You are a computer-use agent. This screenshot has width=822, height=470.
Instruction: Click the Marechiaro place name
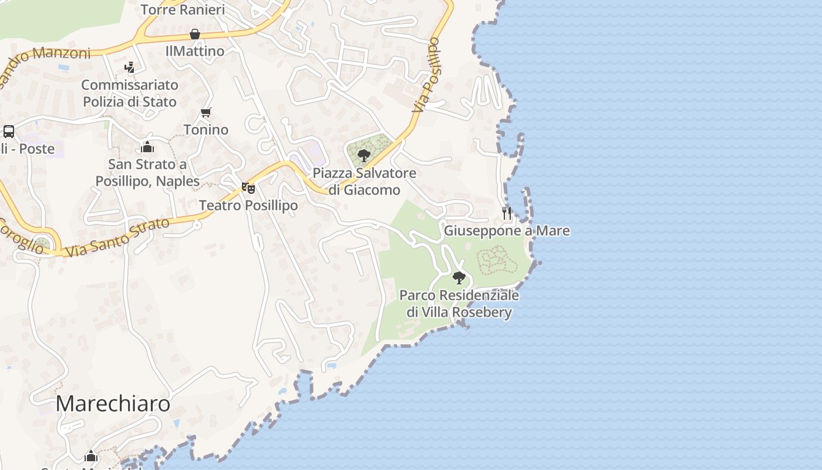[x=113, y=404]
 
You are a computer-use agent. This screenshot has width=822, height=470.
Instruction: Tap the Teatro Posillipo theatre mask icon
[x=248, y=188]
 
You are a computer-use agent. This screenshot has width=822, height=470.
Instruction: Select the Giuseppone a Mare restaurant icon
[x=507, y=213]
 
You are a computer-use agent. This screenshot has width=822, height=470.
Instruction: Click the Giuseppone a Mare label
[x=506, y=230]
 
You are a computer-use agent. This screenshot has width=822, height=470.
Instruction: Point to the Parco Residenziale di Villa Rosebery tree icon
[x=459, y=277]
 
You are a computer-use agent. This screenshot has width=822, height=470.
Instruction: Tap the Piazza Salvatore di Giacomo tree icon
[x=364, y=156]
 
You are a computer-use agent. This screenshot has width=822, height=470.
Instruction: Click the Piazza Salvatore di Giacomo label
[x=364, y=182]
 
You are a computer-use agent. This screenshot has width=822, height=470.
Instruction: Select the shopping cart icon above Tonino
[x=206, y=112]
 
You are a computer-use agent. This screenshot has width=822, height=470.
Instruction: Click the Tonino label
[x=206, y=129]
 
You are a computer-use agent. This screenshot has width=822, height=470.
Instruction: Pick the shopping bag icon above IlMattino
[x=195, y=34]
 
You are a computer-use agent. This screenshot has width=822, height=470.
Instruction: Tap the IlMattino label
[x=195, y=51]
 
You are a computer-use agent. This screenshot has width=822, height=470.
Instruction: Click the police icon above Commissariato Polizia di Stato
[x=130, y=68]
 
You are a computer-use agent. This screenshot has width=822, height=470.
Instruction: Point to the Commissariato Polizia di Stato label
[x=129, y=93]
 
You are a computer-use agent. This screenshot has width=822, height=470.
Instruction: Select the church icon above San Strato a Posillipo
[x=147, y=146]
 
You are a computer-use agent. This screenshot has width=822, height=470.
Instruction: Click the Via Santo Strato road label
[x=117, y=237]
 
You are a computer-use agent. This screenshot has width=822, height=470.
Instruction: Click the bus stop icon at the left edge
[x=9, y=131]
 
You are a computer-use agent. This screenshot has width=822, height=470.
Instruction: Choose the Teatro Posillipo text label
[x=248, y=205]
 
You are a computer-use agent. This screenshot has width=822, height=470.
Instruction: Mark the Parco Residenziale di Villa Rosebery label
[x=459, y=303]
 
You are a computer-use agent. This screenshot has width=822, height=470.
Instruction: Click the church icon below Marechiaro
[x=91, y=456]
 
